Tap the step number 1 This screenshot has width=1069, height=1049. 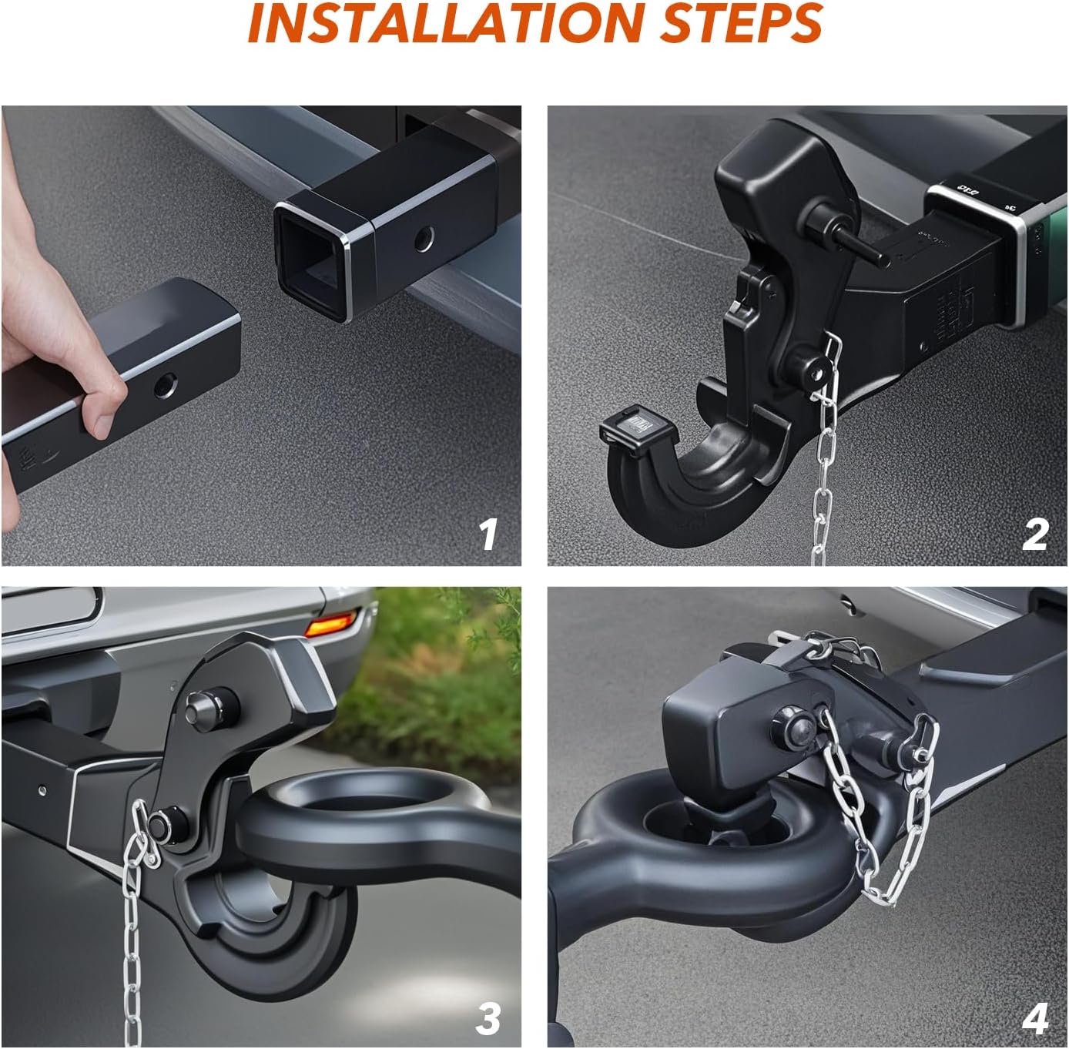coord(488,534)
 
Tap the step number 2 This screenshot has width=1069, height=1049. coord(1035,534)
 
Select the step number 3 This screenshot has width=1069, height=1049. coord(488,1018)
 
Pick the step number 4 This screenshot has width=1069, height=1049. coord(1035,1018)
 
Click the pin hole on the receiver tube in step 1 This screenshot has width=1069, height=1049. coord(423,240)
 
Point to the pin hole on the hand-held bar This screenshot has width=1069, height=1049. coord(163,385)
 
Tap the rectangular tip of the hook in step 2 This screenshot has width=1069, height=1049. coord(630,428)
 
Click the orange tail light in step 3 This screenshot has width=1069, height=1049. coord(331,622)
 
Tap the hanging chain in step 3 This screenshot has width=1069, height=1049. coord(132,947)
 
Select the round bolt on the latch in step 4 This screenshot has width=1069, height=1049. coord(791,727)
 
